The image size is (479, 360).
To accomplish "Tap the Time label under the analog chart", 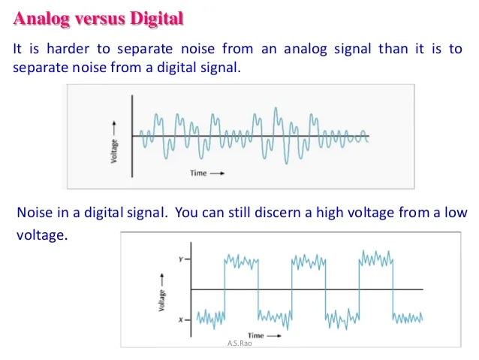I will (x=198, y=173).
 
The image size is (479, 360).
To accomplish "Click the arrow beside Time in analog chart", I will (x=218, y=173).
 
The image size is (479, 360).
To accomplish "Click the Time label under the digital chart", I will (x=256, y=335).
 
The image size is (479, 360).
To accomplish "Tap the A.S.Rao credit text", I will (x=238, y=343).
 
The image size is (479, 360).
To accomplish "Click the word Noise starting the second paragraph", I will (x=34, y=213).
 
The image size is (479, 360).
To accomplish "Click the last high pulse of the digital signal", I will (x=376, y=260).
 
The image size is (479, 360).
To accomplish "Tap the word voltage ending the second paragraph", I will (x=41, y=234).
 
